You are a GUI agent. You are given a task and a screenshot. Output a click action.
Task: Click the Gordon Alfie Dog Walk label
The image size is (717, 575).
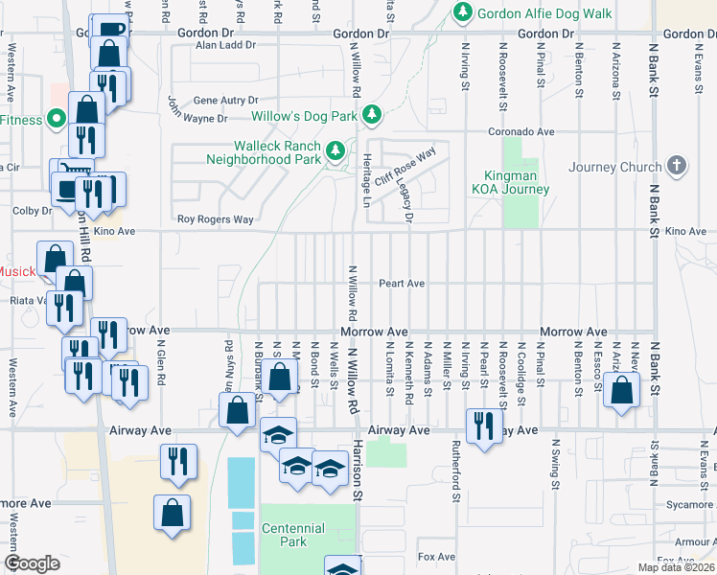544,12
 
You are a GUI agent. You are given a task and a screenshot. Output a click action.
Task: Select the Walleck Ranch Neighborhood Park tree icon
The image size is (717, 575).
335,150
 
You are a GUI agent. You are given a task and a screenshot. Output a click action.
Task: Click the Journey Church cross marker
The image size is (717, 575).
678,166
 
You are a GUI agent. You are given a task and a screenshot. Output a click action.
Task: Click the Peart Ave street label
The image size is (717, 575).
401,284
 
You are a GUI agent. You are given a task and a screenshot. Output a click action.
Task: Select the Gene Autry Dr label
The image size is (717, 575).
226,100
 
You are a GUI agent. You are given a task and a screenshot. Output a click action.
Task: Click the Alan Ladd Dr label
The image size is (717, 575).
226,45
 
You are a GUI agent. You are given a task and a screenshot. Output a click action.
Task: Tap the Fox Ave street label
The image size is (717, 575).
436,557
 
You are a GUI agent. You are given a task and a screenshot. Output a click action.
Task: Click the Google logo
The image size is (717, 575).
32,563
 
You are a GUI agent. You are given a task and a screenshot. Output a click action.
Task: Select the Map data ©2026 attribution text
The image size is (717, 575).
676,567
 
